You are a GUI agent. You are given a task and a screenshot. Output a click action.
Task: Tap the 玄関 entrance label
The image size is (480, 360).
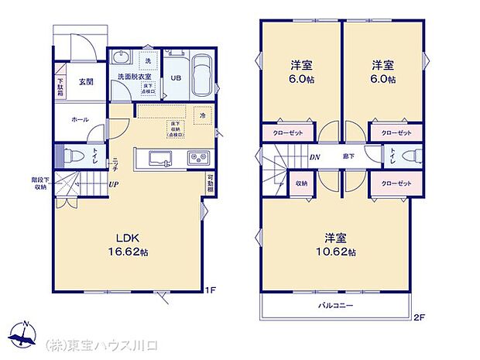[x=86, y=82]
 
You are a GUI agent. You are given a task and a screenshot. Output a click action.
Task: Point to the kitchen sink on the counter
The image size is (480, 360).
[x=161, y=159]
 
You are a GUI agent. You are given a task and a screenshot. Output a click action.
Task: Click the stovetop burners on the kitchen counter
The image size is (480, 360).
[x=196, y=159]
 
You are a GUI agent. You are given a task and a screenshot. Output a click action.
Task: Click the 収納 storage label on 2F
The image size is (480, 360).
[x=301, y=183]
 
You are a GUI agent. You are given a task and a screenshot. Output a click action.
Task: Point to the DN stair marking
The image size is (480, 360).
[x=316, y=156]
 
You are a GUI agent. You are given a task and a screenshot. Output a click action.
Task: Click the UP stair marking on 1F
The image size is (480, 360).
[x=114, y=184]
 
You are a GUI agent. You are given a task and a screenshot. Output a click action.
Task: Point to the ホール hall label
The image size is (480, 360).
[x=79, y=120]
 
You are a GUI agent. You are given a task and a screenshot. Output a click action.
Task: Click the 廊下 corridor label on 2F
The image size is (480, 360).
[x=349, y=156]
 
